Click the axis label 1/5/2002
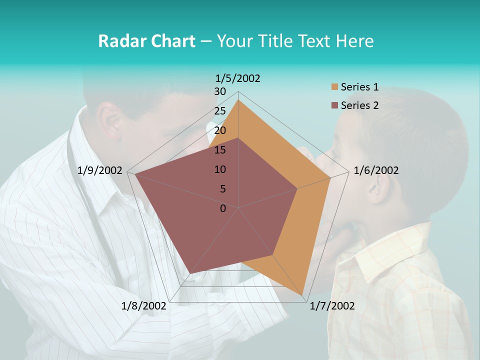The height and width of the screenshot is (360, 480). pyautogui.click(x=237, y=78)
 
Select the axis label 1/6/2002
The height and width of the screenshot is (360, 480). pyautogui.click(x=376, y=170)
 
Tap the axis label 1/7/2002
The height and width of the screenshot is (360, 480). pyautogui.click(x=332, y=306)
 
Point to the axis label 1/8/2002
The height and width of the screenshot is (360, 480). pyautogui.click(x=144, y=306)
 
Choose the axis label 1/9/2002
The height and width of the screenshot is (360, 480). pyautogui.click(x=100, y=170)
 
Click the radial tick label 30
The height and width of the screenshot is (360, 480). pyautogui.click(x=220, y=91)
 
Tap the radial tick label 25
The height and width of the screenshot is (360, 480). pyautogui.click(x=220, y=111)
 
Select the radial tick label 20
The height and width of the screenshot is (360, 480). pyautogui.click(x=220, y=130)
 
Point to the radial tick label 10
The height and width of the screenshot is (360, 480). pyautogui.click(x=220, y=169)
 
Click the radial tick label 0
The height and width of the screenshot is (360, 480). pyautogui.click(x=223, y=208)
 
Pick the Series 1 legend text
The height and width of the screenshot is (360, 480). pyautogui.click(x=359, y=87)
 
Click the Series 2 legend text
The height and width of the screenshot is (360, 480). pyautogui.click(x=359, y=105)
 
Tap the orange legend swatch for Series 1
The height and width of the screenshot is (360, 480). pyautogui.click(x=334, y=87)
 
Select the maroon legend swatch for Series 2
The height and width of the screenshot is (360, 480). pyautogui.click(x=334, y=105)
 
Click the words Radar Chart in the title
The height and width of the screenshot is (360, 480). pyautogui.click(x=146, y=41)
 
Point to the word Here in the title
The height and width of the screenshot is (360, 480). pyautogui.click(x=354, y=41)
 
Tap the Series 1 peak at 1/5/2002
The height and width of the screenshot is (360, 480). pyautogui.click(x=238, y=100)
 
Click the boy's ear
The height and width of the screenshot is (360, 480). pyautogui.click(x=378, y=190)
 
